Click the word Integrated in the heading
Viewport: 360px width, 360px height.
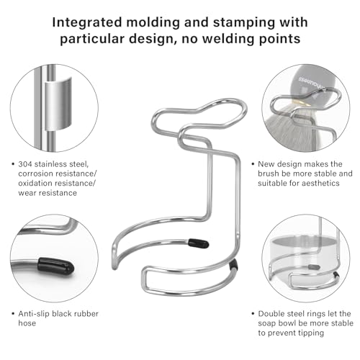pyautogui.click(x=87, y=23)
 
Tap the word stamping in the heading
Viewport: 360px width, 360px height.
pyautogui.click(x=244, y=23)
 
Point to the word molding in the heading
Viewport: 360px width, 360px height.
pyautogui.click(x=153, y=23)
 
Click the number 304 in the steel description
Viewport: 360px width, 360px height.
pyautogui.click(x=25, y=164)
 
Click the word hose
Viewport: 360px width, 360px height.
pyautogui.click(x=27, y=323)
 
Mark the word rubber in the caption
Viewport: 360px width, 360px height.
pyautogui.click(x=86, y=314)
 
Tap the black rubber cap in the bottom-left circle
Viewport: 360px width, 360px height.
pyautogui.click(x=55, y=266)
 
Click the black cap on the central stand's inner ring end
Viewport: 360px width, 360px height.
pyautogui.click(x=198, y=243)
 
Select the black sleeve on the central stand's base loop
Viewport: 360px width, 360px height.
pyautogui.click(x=233, y=264)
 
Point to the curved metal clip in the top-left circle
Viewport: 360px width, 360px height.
pyautogui.click(x=58, y=104)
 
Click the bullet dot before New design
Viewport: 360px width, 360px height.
pyautogui.click(x=253, y=164)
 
